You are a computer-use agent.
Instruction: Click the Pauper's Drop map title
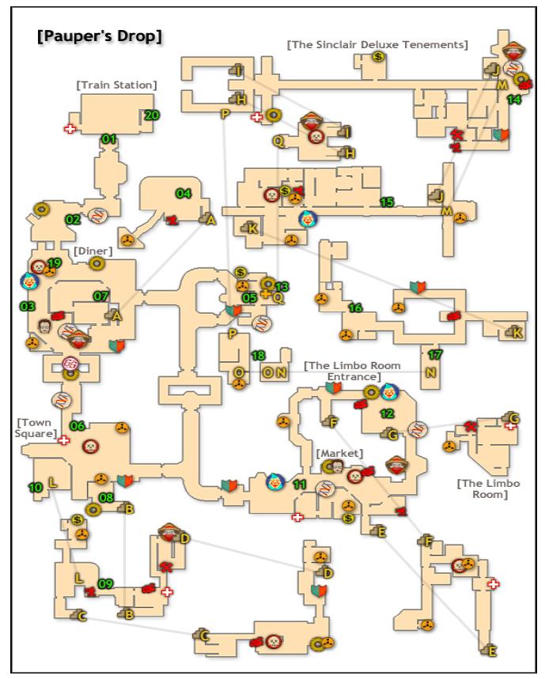coord(99,36)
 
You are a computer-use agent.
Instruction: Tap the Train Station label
coord(116,85)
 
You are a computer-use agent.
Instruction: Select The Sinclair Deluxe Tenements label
coord(377,44)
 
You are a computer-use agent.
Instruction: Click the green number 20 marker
coord(152,115)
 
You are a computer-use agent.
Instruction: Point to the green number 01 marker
coord(109,139)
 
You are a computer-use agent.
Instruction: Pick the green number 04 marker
coord(184,193)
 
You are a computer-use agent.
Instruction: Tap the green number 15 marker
coord(387,202)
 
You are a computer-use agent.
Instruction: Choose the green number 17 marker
coord(434,354)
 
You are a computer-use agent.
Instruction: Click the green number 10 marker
coord(36,488)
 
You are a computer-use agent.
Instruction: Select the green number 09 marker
coord(105,584)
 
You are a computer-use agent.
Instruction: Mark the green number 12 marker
coord(387,413)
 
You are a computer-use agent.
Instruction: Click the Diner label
coord(93,251)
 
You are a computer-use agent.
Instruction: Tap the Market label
coord(339,453)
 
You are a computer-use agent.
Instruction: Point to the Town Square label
coord(36,428)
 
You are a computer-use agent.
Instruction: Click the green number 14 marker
coord(514,100)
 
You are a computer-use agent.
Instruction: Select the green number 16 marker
coord(355,307)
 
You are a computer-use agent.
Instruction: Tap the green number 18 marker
coord(258,355)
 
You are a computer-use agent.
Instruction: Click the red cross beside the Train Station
coord(70,128)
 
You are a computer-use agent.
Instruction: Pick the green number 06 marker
coord(77,425)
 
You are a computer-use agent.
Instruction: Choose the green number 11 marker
coord(300,485)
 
